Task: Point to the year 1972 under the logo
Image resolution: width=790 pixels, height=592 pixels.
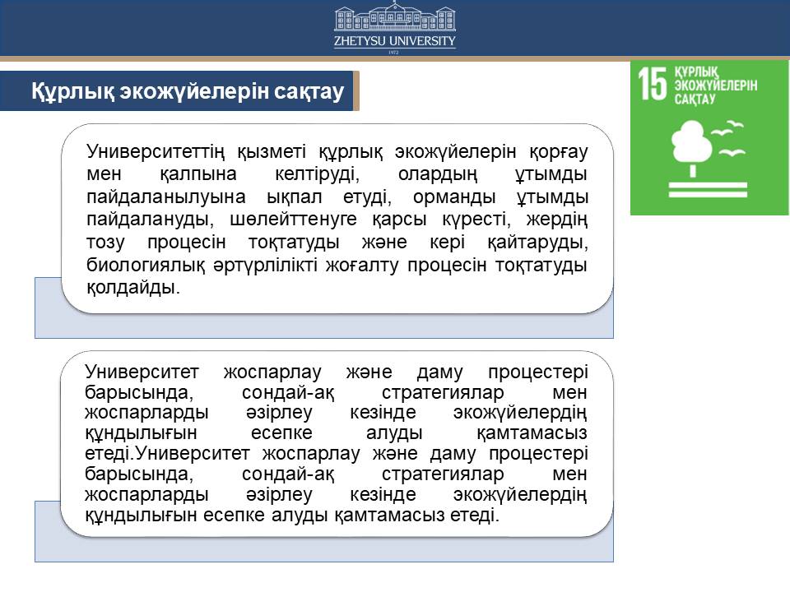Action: (394, 52)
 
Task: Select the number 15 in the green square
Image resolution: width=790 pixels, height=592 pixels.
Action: (653, 84)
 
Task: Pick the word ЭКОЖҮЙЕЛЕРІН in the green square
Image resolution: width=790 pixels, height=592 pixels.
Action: (716, 85)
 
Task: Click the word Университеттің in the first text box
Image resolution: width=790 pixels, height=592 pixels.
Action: (156, 151)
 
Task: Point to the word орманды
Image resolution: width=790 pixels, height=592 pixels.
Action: (454, 197)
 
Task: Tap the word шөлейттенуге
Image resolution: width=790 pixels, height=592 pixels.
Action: (293, 220)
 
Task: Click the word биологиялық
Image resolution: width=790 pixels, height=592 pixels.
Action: (146, 265)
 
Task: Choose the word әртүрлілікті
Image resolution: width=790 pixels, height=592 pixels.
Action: (265, 265)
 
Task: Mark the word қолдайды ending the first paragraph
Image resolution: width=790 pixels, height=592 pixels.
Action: (133, 288)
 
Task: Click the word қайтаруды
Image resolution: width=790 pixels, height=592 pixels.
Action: (537, 243)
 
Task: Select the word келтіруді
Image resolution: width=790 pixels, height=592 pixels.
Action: (318, 174)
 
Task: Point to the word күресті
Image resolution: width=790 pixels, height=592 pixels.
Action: (474, 220)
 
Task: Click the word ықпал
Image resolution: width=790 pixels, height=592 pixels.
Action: (295, 197)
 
